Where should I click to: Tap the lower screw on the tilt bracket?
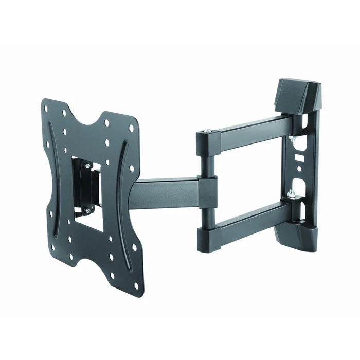point(88,210)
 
